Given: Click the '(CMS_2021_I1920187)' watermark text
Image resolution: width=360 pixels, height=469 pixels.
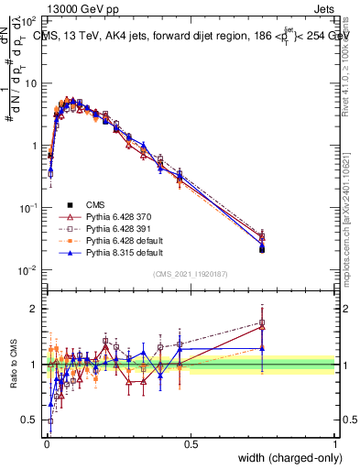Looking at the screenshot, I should pos(190,273).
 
